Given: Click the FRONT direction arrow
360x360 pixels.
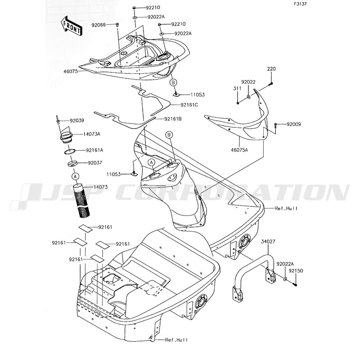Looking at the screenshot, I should click(72, 27).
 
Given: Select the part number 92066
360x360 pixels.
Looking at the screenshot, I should click(99, 25).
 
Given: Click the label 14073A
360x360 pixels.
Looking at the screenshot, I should click(91, 134).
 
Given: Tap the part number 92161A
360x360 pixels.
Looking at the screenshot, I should click(94, 150).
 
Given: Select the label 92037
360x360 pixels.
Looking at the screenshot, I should click(94, 163).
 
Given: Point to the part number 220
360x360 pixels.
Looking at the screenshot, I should click(271, 69).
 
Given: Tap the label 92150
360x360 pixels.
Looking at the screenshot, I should click(296, 271).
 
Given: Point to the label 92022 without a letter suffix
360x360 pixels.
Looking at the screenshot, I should click(248, 82).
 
